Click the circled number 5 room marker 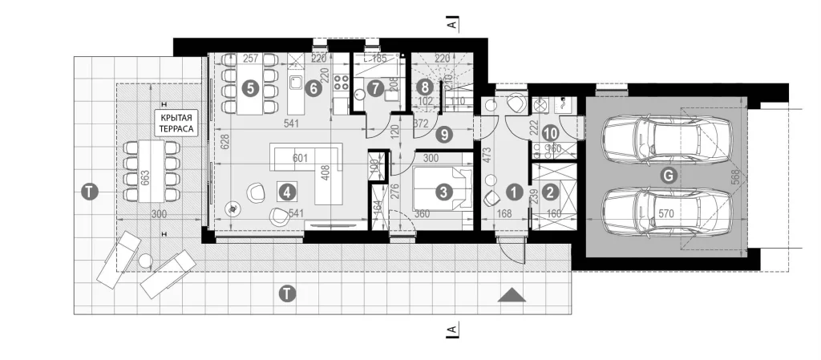point(253,89)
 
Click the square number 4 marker point(286,191)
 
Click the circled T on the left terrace point(89,191)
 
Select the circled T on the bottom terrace point(288,294)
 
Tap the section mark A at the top point(452,25)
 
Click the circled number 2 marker point(550,192)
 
